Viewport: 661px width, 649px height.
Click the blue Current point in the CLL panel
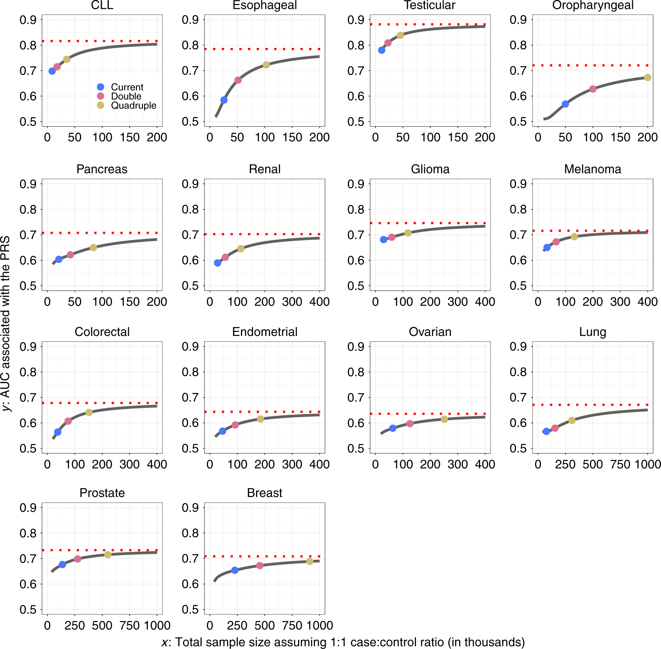[x=52, y=71]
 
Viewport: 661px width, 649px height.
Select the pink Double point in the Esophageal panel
[x=238, y=80]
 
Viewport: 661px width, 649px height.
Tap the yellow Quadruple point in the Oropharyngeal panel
[x=647, y=77]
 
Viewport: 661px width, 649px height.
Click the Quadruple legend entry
[x=133, y=105]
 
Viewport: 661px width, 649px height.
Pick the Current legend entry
[x=127, y=87]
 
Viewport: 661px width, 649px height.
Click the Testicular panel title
[x=430, y=6]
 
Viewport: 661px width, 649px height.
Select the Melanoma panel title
[x=592, y=169]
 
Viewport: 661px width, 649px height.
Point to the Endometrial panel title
[x=265, y=332]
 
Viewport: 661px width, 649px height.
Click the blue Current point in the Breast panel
[x=235, y=570]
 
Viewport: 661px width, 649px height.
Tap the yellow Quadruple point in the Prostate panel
[x=108, y=555]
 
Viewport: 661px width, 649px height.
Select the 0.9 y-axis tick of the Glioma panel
[x=356, y=184]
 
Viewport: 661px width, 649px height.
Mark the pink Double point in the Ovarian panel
[x=410, y=424]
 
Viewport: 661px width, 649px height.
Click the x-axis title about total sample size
[x=343, y=642]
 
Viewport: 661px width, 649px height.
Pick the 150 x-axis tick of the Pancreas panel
[x=130, y=302]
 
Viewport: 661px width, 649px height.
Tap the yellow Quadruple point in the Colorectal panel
[x=89, y=412]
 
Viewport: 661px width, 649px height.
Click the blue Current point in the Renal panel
[x=218, y=263]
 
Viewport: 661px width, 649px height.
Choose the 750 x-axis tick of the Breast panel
[x=292, y=626]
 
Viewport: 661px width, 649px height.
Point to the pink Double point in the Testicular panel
[x=388, y=43]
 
